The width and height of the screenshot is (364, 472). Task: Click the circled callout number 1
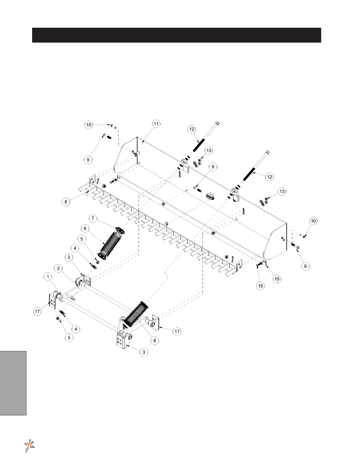point(48,277)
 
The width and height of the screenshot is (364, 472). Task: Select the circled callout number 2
point(59,268)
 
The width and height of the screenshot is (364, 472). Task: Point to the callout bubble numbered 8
point(66,202)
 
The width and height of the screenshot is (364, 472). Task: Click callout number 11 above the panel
point(156,124)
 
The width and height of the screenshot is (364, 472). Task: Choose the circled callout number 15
point(277,279)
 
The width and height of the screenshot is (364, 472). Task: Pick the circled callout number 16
point(261,286)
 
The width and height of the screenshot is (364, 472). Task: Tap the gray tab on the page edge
point(13,383)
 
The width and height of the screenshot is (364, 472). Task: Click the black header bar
point(176,35)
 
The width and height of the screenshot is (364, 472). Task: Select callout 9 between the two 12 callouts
point(213,167)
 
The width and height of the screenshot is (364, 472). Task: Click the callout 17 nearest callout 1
point(37,312)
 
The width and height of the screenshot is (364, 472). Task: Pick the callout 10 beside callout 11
point(89,125)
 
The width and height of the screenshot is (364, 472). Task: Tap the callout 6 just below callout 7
point(85,229)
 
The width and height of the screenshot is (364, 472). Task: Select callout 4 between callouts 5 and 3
point(75,248)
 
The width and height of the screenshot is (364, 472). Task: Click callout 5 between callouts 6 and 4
point(82,239)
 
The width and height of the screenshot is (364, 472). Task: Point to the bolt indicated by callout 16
point(258,264)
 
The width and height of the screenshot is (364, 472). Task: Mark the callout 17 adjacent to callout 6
point(177,331)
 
